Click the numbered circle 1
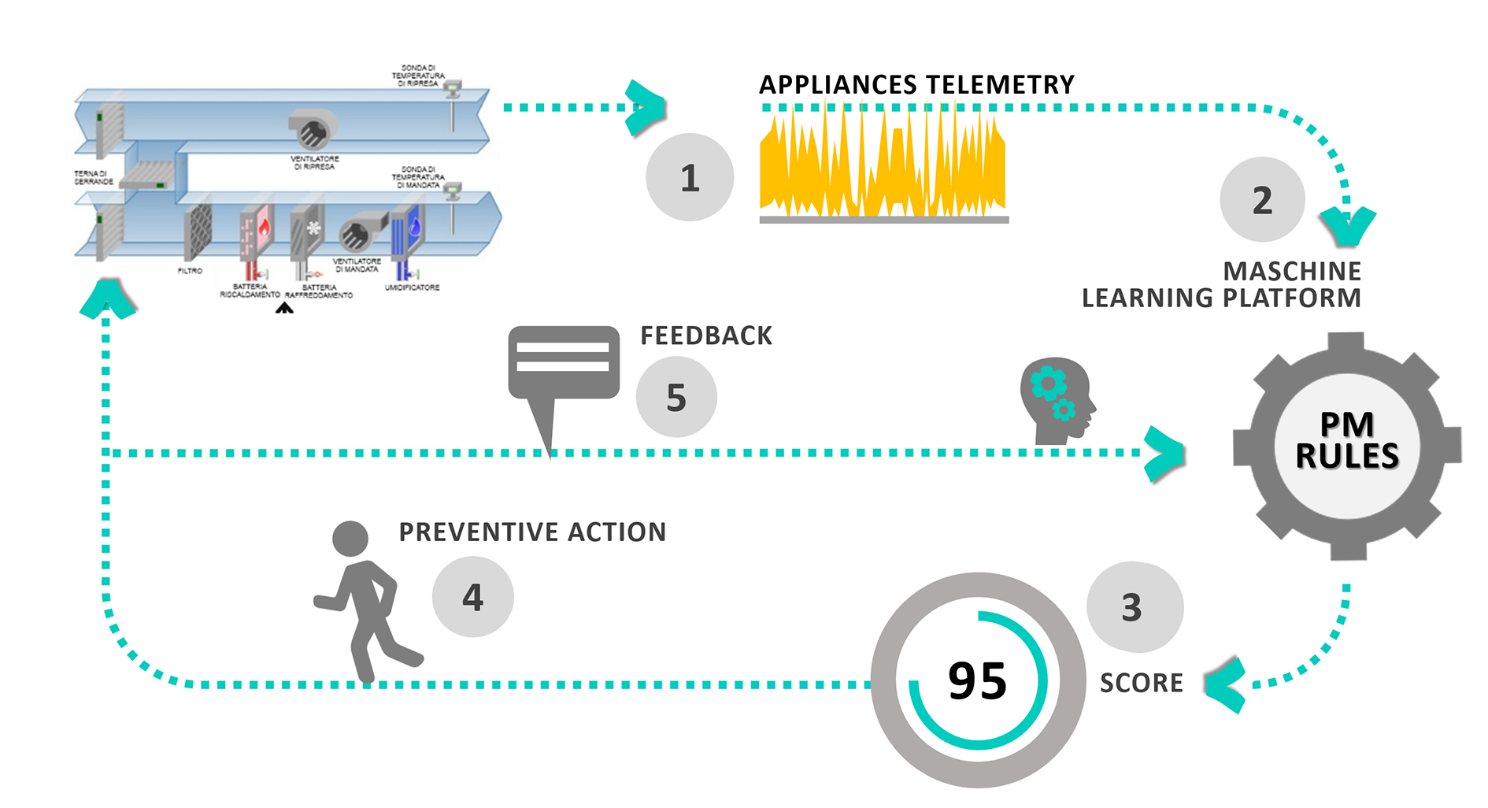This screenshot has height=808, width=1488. pos(690,178)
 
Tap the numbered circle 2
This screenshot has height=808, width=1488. pos(1262,200)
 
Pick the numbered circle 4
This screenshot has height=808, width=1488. pos(472,597)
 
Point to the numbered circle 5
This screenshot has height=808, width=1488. pos(676,397)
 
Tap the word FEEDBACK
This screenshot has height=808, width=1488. pos(706,336)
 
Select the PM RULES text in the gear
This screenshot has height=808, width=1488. pos(1347,441)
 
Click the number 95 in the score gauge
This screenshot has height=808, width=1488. pos(977,680)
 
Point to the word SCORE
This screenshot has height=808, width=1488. pos(1142,683)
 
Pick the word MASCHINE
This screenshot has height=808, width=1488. pos(1292,272)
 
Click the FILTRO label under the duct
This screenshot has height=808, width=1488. pos(190,271)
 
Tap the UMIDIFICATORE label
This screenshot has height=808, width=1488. pos(412,287)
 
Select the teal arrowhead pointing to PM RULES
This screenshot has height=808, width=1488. pos(1165,454)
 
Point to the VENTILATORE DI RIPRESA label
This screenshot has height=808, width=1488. pos(314,163)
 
